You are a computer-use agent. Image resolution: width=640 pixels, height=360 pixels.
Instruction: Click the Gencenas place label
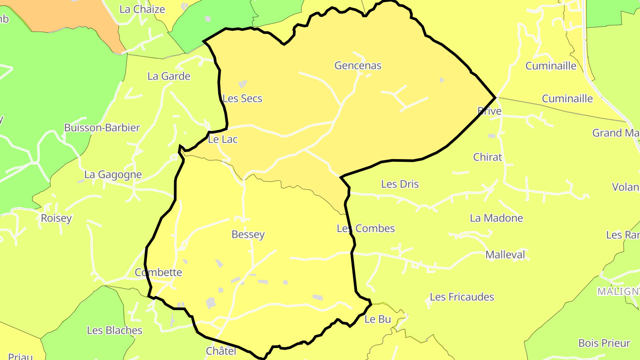click(358, 66)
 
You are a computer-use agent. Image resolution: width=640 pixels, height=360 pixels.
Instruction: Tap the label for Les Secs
click(242, 99)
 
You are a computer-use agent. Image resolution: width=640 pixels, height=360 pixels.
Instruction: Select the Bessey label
click(248, 235)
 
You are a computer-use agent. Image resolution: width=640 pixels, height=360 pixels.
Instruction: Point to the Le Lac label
click(223, 140)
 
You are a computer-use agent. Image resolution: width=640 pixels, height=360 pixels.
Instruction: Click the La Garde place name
click(169, 76)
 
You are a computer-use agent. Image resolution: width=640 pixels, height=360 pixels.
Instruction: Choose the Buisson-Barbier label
click(102, 128)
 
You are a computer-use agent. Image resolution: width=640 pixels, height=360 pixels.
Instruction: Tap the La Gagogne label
click(113, 175)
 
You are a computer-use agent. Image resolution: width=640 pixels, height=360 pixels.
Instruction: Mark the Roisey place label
click(56, 218)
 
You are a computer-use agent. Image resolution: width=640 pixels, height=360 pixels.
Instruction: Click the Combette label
click(158, 272)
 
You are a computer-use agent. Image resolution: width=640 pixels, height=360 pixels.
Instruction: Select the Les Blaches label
click(115, 331)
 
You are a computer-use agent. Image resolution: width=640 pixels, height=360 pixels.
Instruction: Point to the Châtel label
click(221, 351)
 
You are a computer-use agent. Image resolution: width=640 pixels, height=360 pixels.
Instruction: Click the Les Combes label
click(366, 228)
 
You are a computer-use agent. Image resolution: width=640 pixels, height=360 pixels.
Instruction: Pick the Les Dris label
click(400, 184)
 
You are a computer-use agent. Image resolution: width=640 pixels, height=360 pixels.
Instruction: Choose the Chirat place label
click(488, 157)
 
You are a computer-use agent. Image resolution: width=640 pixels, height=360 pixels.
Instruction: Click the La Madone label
click(496, 218)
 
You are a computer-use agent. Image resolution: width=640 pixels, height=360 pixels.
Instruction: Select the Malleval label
click(505, 255)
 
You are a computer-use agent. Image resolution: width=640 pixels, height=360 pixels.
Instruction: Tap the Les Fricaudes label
click(462, 297)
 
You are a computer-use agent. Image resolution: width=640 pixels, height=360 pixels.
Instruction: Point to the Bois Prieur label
click(604, 344)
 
